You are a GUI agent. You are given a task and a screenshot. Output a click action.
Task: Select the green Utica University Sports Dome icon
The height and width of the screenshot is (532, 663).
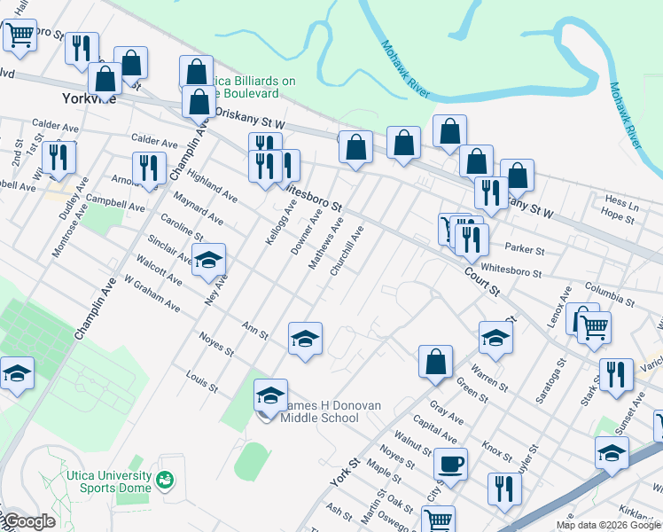[x=164, y=481]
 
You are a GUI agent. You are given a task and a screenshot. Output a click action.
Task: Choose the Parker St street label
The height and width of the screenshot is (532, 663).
[x=523, y=251]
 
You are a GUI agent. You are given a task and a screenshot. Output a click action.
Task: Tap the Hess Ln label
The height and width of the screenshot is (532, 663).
[x=621, y=200]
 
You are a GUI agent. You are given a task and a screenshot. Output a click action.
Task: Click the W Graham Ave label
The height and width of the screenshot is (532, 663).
[x=152, y=293]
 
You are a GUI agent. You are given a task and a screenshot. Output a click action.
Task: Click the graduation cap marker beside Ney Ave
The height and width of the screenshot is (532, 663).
[x=209, y=261]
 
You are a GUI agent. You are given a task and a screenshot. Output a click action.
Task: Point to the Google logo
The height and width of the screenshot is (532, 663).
[x=28, y=521]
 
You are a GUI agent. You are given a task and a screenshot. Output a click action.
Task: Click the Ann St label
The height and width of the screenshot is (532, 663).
[x=255, y=331]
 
